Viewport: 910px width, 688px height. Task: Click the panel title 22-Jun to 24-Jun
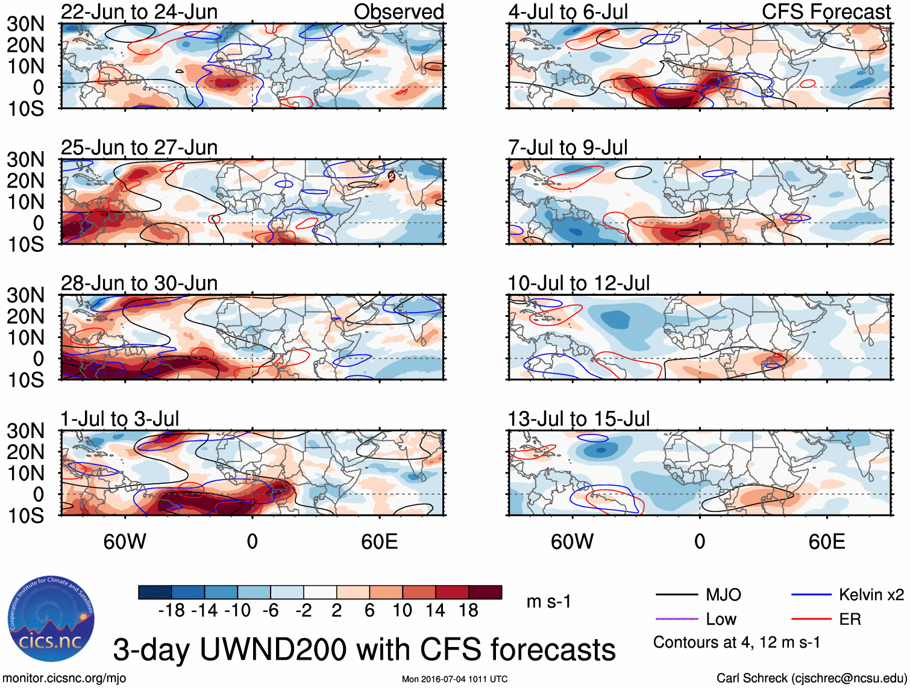pos(139,11)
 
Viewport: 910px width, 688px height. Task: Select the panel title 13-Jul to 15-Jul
pos(579,419)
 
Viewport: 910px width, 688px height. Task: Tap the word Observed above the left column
pos(398,11)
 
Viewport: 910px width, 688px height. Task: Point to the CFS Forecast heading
pos(826,11)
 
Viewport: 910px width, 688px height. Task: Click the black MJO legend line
pos(676,595)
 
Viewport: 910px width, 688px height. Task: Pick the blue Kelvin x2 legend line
pos(811,595)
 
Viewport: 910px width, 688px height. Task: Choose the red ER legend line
pos(811,619)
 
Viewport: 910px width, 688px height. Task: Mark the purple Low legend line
pos(676,619)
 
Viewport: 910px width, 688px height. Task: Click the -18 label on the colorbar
pos(171,611)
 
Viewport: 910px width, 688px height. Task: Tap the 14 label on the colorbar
pos(435,611)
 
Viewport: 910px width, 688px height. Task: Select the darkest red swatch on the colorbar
pos(485,592)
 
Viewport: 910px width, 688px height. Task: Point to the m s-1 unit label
pos(548,601)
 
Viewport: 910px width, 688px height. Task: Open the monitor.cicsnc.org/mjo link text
pos(64,678)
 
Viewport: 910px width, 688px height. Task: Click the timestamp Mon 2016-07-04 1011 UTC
pos(454,679)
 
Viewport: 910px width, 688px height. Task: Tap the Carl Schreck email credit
pos(811,678)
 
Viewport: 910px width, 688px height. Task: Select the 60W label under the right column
pos(572,542)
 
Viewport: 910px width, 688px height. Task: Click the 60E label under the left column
pos(379,542)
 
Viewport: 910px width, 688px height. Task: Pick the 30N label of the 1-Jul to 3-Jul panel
pos(26,431)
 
